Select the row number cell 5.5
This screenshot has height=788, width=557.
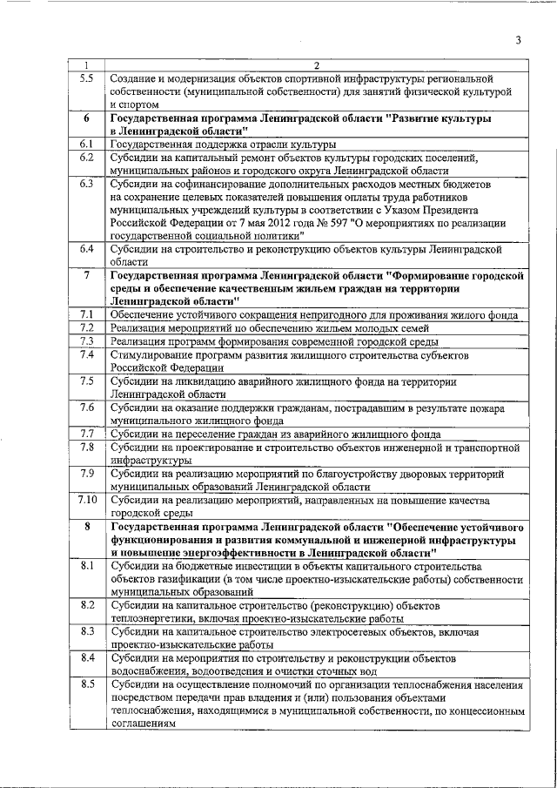[86, 78]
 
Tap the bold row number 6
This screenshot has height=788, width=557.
[86, 117]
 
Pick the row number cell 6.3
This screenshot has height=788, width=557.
[86, 184]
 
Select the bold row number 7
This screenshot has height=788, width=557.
[86, 275]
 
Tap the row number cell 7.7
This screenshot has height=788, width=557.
[86, 433]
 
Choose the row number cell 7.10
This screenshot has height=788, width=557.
[86, 499]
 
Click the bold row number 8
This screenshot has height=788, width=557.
[86, 527]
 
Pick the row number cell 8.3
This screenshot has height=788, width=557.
[86, 630]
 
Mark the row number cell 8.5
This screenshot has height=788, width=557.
[86, 684]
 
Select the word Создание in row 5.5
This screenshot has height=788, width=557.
[133, 78]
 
